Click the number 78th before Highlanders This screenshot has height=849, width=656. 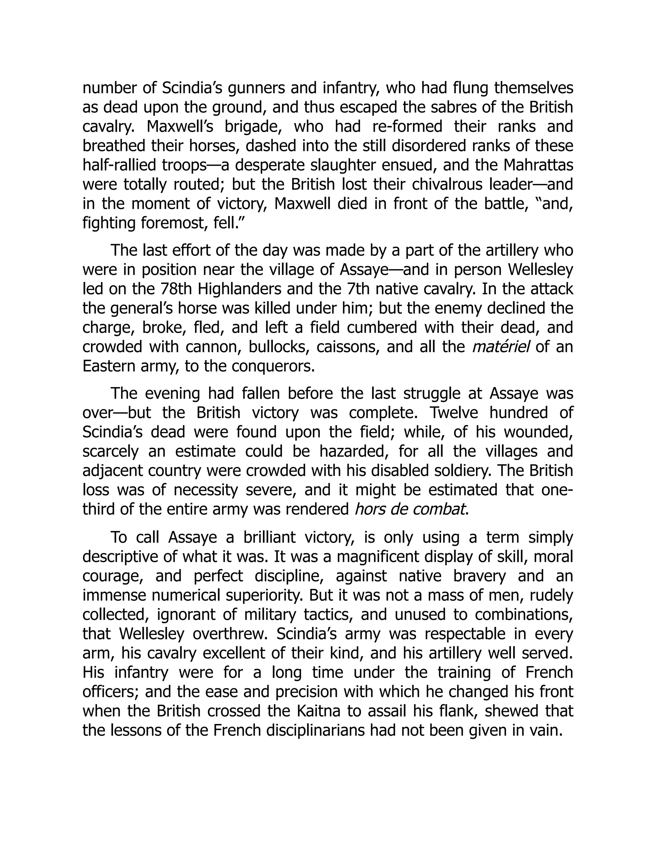176,289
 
